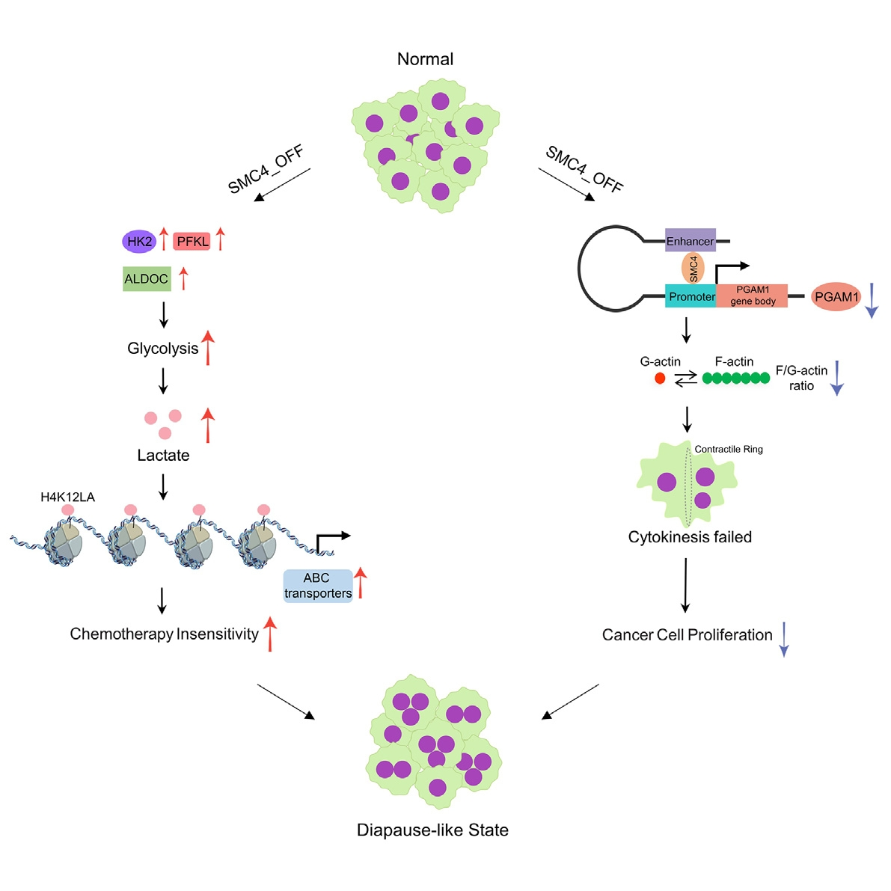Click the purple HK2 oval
pyautogui.click(x=139, y=242)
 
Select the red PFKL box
pyautogui.click(x=192, y=242)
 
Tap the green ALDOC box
pyautogui.click(x=147, y=279)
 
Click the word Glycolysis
pyautogui.click(x=162, y=349)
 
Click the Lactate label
pyautogui.click(x=163, y=456)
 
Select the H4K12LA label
pyautogui.click(x=67, y=497)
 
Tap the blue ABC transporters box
pyautogui.click(x=318, y=586)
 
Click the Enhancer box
pyautogui.click(x=690, y=241)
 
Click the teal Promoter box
pyautogui.click(x=691, y=297)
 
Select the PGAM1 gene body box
pyautogui.click(x=752, y=296)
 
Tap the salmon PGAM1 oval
pyautogui.click(x=836, y=297)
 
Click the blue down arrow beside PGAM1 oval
pyautogui.click(x=872, y=301)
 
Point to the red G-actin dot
pyautogui.click(x=660, y=379)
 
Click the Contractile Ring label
pyautogui.click(x=729, y=450)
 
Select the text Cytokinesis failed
pyautogui.click(x=690, y=537)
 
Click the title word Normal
pyautogui.click(x=425, y=59)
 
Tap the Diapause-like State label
pyautogui.click(x=432, y=830)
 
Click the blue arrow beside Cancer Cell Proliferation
pyautogui.click(x=783, y=639)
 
